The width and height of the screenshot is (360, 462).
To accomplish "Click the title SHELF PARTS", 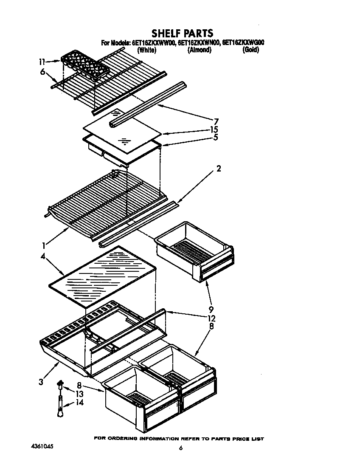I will [x=182, y=33].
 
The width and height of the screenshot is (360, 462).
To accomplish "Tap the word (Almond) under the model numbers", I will [x=199, y=50].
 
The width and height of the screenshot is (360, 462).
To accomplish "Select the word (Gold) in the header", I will [x=250, y=50].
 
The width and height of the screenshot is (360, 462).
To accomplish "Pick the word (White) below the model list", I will [x=147, y=50].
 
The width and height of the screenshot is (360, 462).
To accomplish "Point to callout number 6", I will [x=42, y=72].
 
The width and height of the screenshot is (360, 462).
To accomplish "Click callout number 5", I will [x=216, y=137].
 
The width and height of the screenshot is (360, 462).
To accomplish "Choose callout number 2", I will [x=219, y=169].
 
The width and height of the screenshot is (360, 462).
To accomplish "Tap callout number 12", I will [x=211, y=318].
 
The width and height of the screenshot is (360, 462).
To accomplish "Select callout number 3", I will [x=41, y=382].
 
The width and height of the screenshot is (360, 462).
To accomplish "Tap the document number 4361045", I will [x=42, y=447].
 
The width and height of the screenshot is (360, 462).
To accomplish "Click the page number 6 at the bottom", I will [x=180, y=448].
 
